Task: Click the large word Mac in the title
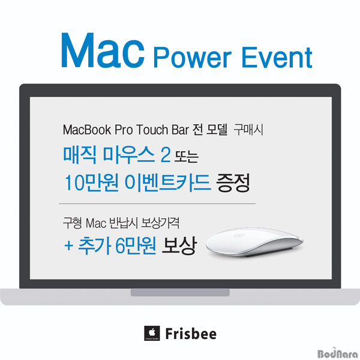click(x=103, y=50)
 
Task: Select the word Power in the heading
click(x=193, y=57)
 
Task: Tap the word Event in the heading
click(x=277, y=57)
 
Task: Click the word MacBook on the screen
click(x=87, y=130)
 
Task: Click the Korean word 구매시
click(x=248, y=130)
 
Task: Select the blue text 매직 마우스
click(x=109, y=155)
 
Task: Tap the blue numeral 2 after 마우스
click(x=166, y=155)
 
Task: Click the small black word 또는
click(x=186, y=157)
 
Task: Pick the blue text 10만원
click(x=92, y=182)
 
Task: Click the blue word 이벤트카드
click(x=167, y=182)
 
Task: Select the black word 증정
click(x=233, y=183)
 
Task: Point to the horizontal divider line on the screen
click(x=157, y=203)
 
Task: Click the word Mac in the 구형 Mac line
click(x=96, y=223)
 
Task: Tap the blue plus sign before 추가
click(x=68, y=246)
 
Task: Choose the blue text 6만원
click(x=136, y=245)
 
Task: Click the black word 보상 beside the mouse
click(x=179, y=245)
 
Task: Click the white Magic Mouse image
click(x=254, y=242)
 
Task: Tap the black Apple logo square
click(x=152, y=333)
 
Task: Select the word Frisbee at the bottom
click(x=191, y=334)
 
